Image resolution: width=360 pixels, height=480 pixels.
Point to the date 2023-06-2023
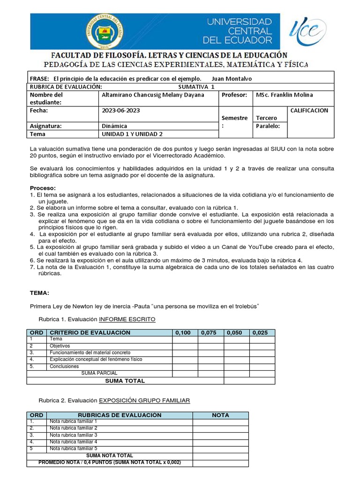point(120,111)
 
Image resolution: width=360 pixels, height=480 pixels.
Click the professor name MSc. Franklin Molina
point(284,95)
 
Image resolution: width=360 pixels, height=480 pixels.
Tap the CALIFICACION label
point(309,111)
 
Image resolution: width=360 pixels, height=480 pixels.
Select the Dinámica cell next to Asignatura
point(114,126)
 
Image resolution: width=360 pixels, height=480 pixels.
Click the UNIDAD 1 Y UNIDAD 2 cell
point(132,134)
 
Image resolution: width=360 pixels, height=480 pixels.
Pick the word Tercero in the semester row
point(266,118)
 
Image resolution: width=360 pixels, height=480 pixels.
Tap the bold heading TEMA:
point(39,293)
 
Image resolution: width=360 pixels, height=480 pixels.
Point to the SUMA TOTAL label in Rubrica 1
point(125,381)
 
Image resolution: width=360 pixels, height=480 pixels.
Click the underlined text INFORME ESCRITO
point(127,320)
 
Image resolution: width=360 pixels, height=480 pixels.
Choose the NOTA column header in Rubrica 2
point(220,415)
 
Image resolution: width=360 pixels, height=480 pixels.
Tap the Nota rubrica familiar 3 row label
point(74,435)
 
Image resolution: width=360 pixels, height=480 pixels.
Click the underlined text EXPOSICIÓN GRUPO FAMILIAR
point(144,401)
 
